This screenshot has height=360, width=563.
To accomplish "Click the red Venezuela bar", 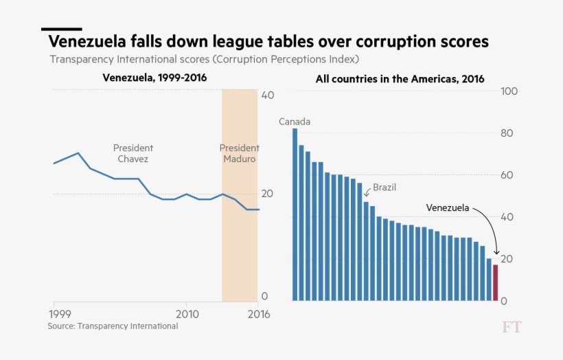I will tap(495, 283).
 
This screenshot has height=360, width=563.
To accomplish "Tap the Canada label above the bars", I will tap(295, 122).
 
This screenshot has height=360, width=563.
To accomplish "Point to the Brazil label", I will tap(384, 187).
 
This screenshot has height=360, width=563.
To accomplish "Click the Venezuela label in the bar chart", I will tap(448, 207).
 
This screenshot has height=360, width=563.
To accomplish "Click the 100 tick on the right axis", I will tap(509, 91).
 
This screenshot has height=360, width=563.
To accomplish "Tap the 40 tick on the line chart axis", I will tap(268, 95).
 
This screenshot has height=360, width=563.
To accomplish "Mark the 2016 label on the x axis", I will tap(257, 313).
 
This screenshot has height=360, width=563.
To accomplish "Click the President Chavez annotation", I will tap(133, 153).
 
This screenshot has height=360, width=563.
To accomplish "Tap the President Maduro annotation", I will tap(239, 153).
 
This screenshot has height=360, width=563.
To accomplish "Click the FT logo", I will tap(511, 327).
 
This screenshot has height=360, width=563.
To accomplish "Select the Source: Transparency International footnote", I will tap(113, 326).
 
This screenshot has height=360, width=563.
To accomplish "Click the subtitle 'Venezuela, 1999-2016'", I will tap(154, 78).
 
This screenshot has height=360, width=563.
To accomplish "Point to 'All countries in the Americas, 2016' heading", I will tap(400, 79).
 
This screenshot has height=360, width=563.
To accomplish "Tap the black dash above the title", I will tap(62, 29).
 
